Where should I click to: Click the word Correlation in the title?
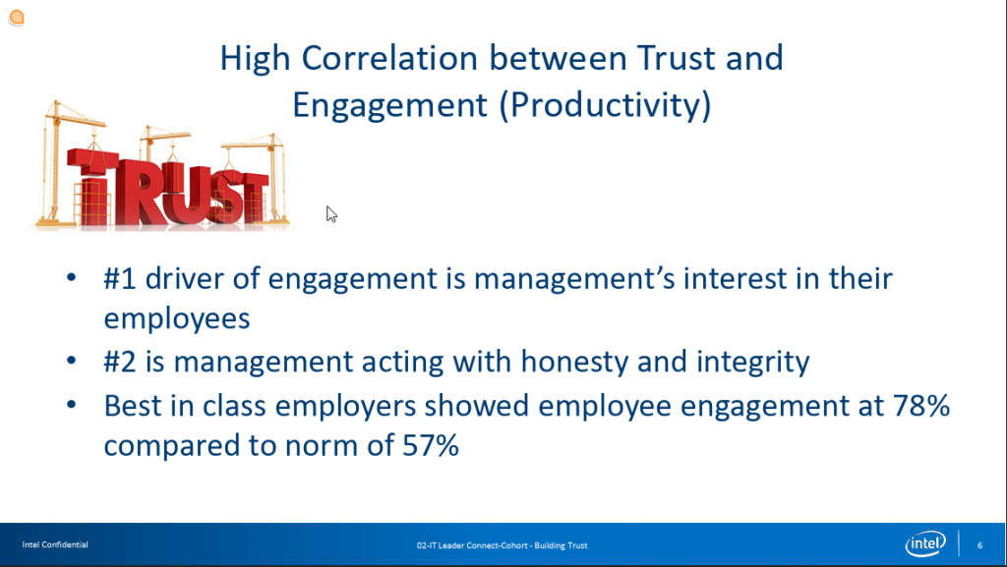[x=389, y=58]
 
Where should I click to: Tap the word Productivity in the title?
[x=606, y=105]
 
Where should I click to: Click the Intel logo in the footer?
[x=925, y=544]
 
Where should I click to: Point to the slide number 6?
[x=980, y=545]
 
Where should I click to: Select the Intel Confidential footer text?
[x=55, y=544]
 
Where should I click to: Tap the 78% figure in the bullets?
[x=921, y=406]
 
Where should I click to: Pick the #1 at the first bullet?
[x=120, y=278]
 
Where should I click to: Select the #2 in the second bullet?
[x=120, y=361]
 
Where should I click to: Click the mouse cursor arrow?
[x=331, y=214]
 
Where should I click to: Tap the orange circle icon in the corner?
[x=17, y=18]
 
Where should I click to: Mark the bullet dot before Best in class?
[x=71, y=405]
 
